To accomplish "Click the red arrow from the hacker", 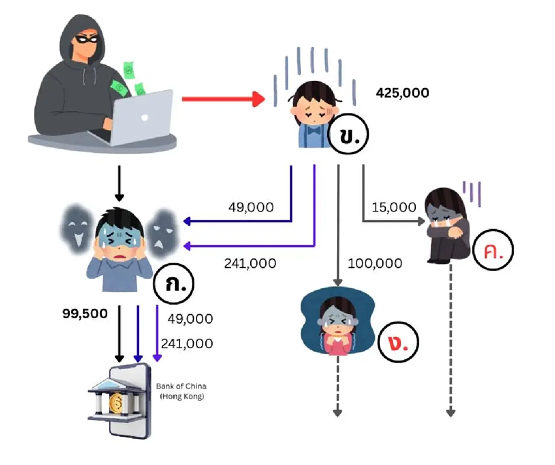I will [222, 99].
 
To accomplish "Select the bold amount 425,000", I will [402, 93].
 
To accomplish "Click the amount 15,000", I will [394, 208].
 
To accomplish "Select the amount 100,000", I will [375, 263].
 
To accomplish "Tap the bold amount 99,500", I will [85, 314].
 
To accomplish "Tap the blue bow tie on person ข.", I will [314, 130].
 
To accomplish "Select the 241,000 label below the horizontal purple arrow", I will [250, 263].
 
